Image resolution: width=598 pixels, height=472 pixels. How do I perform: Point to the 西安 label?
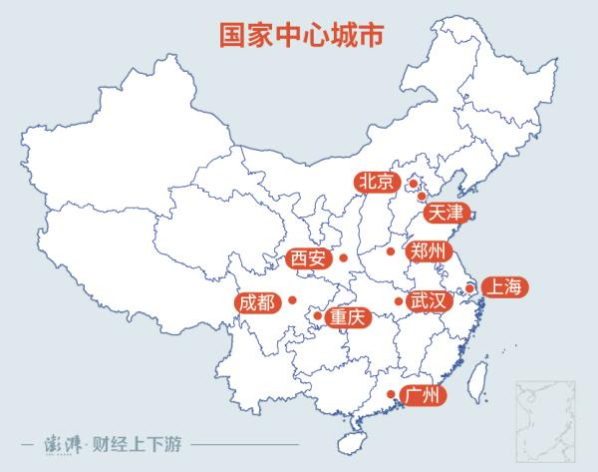(307, 259)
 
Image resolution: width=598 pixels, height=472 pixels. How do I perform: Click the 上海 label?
(501, 287)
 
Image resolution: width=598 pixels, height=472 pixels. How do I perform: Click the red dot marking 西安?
(343, 259)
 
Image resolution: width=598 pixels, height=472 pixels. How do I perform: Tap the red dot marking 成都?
(293, 299)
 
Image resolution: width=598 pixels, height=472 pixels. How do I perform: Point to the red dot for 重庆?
(318, 316)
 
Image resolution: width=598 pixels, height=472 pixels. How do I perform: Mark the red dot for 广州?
(390, 395)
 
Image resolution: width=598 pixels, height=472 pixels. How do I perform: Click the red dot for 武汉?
(399, 300)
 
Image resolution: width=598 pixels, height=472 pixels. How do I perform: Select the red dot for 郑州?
(391, 250)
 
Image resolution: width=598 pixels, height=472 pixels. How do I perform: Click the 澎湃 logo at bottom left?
(65, 442)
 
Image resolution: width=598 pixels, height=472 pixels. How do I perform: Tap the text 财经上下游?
(145, 442)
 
